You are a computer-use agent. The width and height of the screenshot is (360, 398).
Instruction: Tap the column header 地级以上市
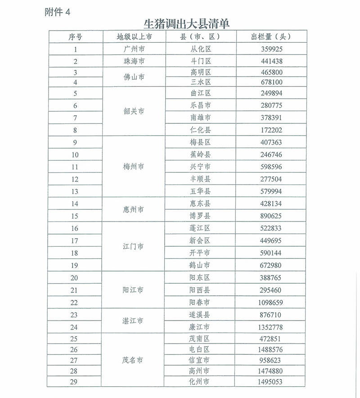tap(134, 37)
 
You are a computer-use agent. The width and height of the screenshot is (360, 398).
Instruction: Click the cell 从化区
tap(201, 49)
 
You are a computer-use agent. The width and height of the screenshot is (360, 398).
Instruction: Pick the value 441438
tap(271, 61)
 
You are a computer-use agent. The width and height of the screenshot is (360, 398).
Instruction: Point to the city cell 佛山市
tap(134, 77)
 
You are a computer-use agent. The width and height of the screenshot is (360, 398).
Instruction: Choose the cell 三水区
tap(201, 82)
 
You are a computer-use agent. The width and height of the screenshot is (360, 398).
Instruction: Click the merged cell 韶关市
tap(134, 111)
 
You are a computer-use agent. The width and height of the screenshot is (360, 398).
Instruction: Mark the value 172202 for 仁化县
tap(271, 130)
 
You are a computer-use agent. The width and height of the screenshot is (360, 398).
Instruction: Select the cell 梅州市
tap(134, 167)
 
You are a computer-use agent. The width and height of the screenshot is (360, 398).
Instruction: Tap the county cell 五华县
tap(201, 191)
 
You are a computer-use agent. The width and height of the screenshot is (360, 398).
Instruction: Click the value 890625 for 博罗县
tap(271, 216)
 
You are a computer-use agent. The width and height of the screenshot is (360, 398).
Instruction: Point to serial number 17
tap(75, 240)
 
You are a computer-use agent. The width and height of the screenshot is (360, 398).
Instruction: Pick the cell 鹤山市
tap(201, 265)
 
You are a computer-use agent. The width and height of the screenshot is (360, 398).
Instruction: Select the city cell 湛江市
tap(134, 321)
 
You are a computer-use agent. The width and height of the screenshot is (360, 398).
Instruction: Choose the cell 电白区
tap(201, 349)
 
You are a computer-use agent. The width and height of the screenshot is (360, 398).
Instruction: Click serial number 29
tap(75, 382)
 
